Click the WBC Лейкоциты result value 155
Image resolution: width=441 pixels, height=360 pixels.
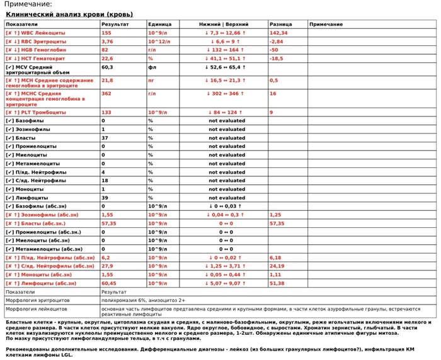(106, 33)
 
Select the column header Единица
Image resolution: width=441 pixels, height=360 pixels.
(159, 24)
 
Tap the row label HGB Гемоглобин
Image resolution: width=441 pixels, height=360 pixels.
(38, 50)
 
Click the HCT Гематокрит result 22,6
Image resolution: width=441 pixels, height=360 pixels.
(107, 59)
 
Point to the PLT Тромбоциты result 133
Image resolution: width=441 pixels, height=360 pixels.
(106, 112)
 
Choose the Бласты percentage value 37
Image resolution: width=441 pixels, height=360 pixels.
(105, 138)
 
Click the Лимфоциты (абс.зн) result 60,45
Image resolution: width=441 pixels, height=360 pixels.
(109, 283)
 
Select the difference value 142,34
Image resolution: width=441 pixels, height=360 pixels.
(278, 33)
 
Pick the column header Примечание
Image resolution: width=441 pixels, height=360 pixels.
(326, 24)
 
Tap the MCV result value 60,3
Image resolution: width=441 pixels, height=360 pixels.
(107, 67)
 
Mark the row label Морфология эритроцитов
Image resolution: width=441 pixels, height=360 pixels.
(38, 301)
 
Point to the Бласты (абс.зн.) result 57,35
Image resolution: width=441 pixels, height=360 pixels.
(109, 223)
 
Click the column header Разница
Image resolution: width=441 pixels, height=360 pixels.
(280, 24)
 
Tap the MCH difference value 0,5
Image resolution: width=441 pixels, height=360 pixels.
(273, 81)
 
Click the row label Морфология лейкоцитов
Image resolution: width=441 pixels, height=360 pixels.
(37, 310)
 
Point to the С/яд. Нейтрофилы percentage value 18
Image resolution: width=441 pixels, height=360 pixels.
(105, 181)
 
